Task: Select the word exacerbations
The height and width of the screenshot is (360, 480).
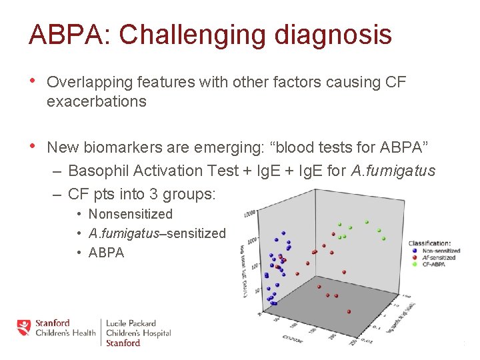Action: coord(97,101)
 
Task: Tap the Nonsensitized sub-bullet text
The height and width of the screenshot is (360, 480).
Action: coord(131,214)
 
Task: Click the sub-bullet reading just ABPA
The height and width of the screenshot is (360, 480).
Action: coord(107,253)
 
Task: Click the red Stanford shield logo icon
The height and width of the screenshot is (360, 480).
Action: coord(24,327)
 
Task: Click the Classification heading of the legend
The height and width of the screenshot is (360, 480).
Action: coord(429,243)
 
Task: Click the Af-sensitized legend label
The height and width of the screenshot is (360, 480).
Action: coord(439,257)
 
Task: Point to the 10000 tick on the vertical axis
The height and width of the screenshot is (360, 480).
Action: coord(250,213)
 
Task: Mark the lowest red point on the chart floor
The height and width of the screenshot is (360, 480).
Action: coord(350,311)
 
